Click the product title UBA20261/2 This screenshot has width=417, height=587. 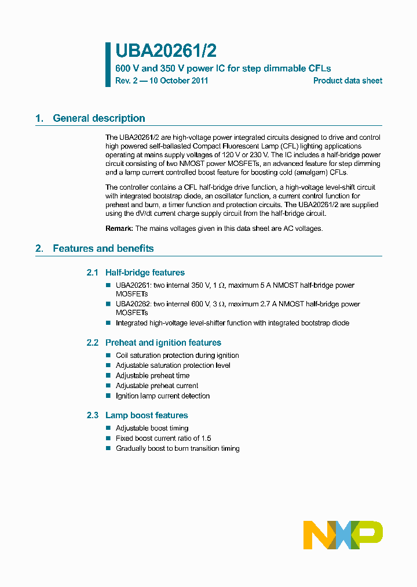tap(166, 51)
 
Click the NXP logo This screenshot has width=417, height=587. tap(343, 535)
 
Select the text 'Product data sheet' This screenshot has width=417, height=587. tap(348, 81)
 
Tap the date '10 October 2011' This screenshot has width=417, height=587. tap(179, 81)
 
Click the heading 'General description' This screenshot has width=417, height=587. tap(98, 118)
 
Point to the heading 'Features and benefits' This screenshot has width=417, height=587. tap(103, 248)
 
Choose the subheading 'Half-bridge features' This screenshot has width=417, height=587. tap(145, 273)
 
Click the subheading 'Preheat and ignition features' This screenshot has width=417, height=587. tap(163, 343)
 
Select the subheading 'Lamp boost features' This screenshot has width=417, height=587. tap(147, 415)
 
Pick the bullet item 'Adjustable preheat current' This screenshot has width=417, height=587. tap(156, 386)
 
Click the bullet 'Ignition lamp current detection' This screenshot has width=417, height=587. tap(162, 396)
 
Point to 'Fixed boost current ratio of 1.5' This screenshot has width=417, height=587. tap(163, 439)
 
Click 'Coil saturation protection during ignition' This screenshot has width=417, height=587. tap(177, 356)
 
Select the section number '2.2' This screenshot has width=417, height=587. tap(93, 343)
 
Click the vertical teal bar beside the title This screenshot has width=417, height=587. tap(108, 64)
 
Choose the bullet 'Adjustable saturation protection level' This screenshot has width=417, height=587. tap(173, 365)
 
